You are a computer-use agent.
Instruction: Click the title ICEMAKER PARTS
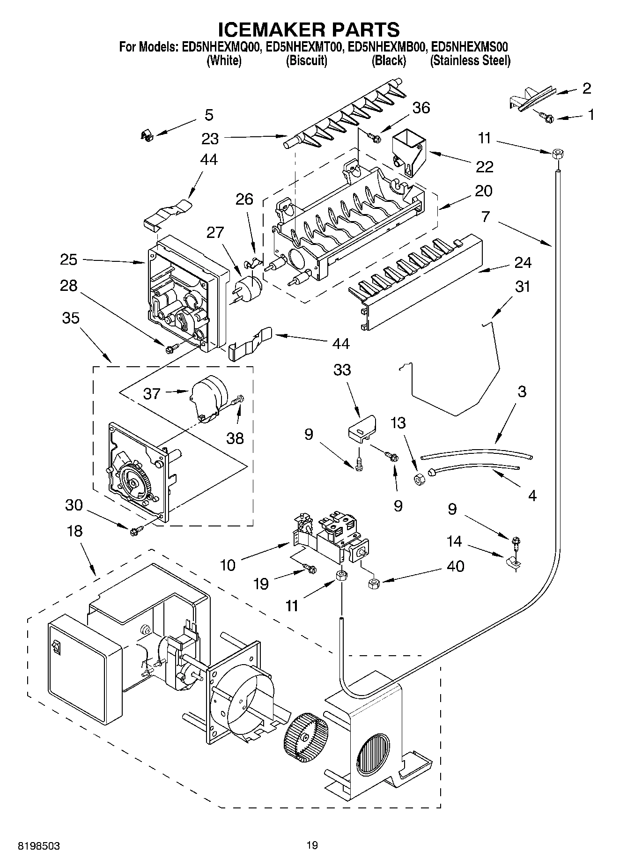click(x=309, y=30)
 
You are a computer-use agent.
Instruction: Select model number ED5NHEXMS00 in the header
click(x=470, y=47)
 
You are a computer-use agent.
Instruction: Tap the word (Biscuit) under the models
click(x=306, y=61)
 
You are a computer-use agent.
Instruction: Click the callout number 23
click(x=210, y=139)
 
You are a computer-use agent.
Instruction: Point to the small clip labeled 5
click(x=148, y=136)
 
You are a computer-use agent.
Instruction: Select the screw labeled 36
click(x=373, y=137)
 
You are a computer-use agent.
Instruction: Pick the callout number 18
click(x=74, y=531)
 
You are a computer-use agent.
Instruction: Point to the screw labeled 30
click(x=136, y=531)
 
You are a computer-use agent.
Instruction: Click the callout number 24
click(x=523, y=263)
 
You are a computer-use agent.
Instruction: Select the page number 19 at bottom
click(x=312, y=845)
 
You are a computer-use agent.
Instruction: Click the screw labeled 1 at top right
click(x=546, y=118)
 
